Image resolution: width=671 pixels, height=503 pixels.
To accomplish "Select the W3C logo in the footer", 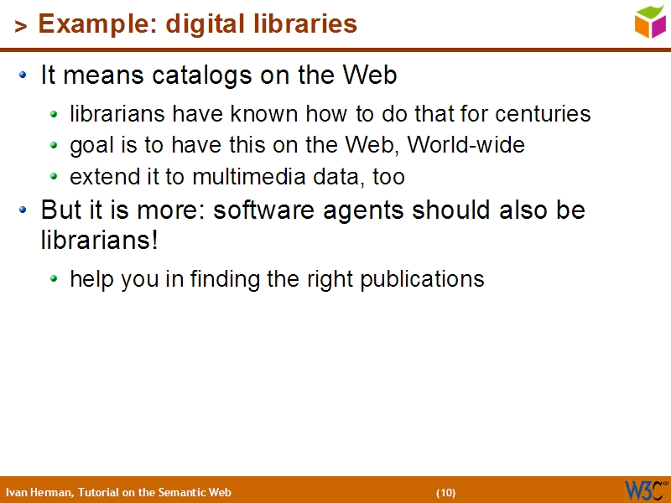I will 645,490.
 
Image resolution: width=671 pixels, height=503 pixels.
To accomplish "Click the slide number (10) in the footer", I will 445,492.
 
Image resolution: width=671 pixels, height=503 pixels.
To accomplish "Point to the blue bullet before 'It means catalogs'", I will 24,76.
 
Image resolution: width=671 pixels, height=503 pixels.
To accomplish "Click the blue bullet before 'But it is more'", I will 24,210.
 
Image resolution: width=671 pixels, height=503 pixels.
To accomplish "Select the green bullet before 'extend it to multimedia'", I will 55,178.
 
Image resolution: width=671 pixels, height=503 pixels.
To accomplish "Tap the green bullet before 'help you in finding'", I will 55,279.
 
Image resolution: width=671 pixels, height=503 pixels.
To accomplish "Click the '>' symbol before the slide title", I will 21,27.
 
